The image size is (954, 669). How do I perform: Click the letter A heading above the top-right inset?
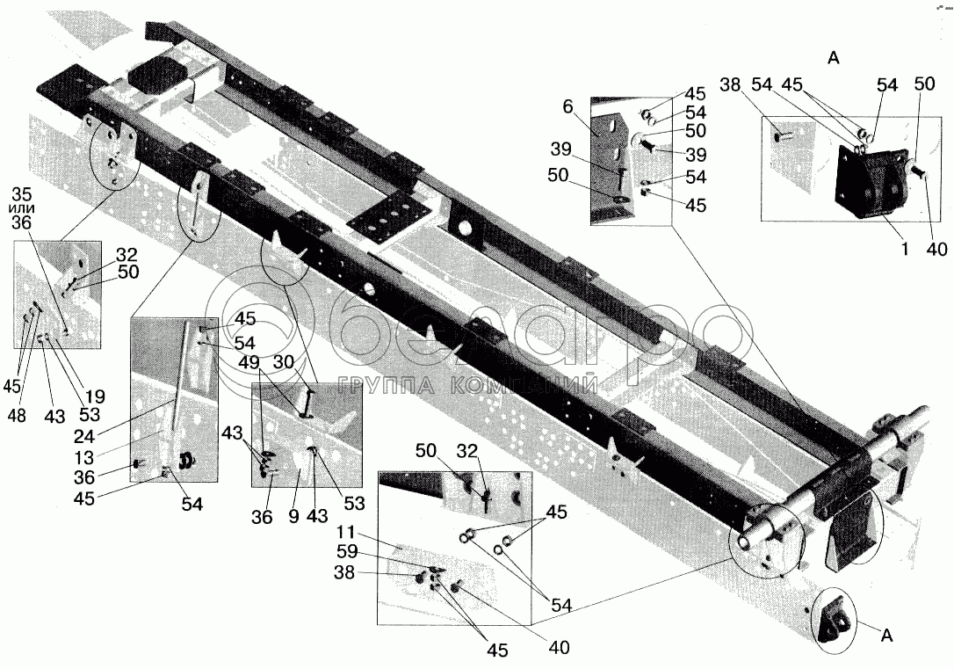(x=834, y=59)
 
